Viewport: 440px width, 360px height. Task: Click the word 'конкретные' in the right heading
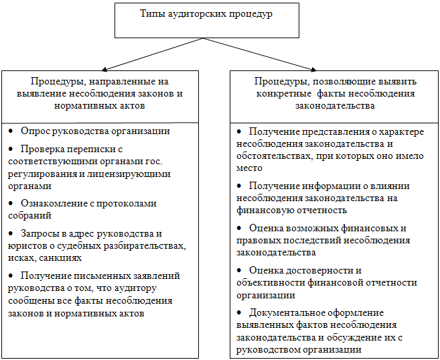[x=280, y=94]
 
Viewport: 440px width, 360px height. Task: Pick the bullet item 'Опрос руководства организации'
[x=95, y=131]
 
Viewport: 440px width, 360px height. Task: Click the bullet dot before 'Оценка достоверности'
[x=240, y=269]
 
